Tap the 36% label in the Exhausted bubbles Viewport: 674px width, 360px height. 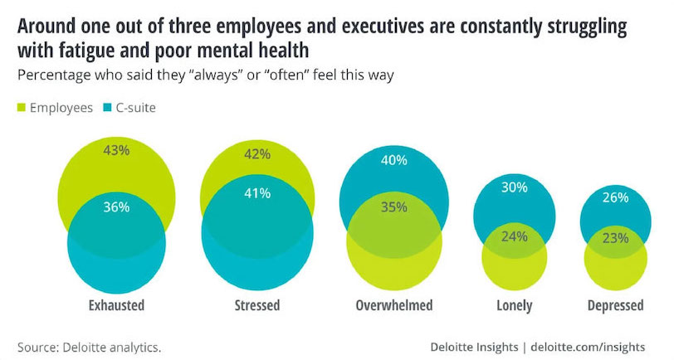[117, 207]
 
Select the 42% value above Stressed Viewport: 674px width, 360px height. [257, 153]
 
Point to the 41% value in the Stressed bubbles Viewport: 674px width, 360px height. [257, 194]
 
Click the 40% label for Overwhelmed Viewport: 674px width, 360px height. [394, 161]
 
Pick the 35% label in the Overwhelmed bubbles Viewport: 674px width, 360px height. [394, 207]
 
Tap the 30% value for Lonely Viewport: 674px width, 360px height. [515, 187]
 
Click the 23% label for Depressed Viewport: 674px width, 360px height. [615, 237]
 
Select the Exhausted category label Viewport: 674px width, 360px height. [116, 305]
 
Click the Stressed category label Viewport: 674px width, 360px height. [256, 305]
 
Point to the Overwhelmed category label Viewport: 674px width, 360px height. [394, 305]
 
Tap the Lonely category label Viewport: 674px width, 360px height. [515, 305]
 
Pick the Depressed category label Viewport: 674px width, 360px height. [614, 305]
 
